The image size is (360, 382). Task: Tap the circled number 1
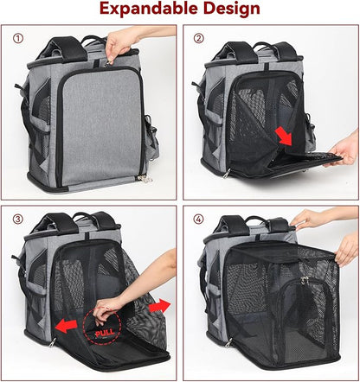click(x=18, y=38)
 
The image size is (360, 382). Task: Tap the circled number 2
click(x=198, y=38)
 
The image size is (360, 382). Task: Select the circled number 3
click(x=18, y=220)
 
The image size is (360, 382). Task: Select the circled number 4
click(x=198, y=220)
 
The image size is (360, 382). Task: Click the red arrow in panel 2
click(x=284, y=136)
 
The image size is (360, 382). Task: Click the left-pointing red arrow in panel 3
click(x=66, y=326)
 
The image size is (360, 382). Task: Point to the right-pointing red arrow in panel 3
click(x=159, y=306)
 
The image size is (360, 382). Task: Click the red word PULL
click(x=105, y=334)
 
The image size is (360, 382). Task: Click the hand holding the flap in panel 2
click(x=344, y=150)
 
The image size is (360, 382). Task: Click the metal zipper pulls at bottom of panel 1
click(x=145, y=179)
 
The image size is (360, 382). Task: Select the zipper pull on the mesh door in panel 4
click(x=303, y=280)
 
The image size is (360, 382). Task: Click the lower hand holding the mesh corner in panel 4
click(x=347, y=250)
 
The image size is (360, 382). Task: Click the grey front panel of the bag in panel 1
click(x=101, y=127)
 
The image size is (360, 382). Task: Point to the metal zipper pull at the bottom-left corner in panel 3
click(x=52, y=342)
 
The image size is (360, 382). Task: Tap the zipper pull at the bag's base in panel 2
click(x=228, y=173)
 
